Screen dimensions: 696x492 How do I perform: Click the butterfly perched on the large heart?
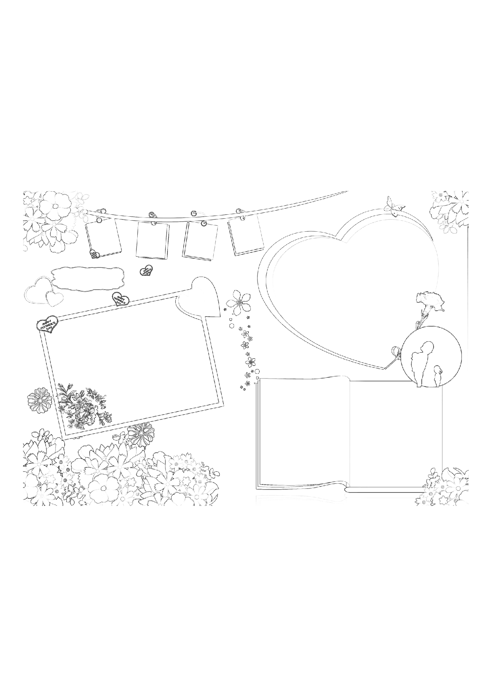coord(394,206)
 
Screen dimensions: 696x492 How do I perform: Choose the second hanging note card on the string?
coord(152,240)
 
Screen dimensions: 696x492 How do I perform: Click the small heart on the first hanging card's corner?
coord(95,254)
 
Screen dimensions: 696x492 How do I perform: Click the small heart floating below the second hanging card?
coord(146,271)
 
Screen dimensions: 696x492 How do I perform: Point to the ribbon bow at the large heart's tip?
coord(395,353)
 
